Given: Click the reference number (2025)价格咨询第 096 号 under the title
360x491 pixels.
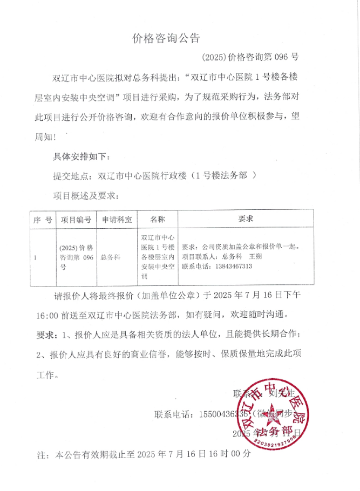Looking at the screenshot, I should [250, 56].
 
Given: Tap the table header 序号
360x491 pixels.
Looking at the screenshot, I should [42, 220].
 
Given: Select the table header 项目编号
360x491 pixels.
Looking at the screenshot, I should [76, 220].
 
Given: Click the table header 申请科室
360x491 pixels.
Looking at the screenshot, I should [117, 220].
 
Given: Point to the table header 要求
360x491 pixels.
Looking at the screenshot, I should [246, 220].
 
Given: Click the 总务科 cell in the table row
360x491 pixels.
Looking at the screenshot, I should [111, 257].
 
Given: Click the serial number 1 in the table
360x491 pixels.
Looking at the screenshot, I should [35, 258].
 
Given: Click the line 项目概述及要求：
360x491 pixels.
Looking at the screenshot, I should [86, 195].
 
